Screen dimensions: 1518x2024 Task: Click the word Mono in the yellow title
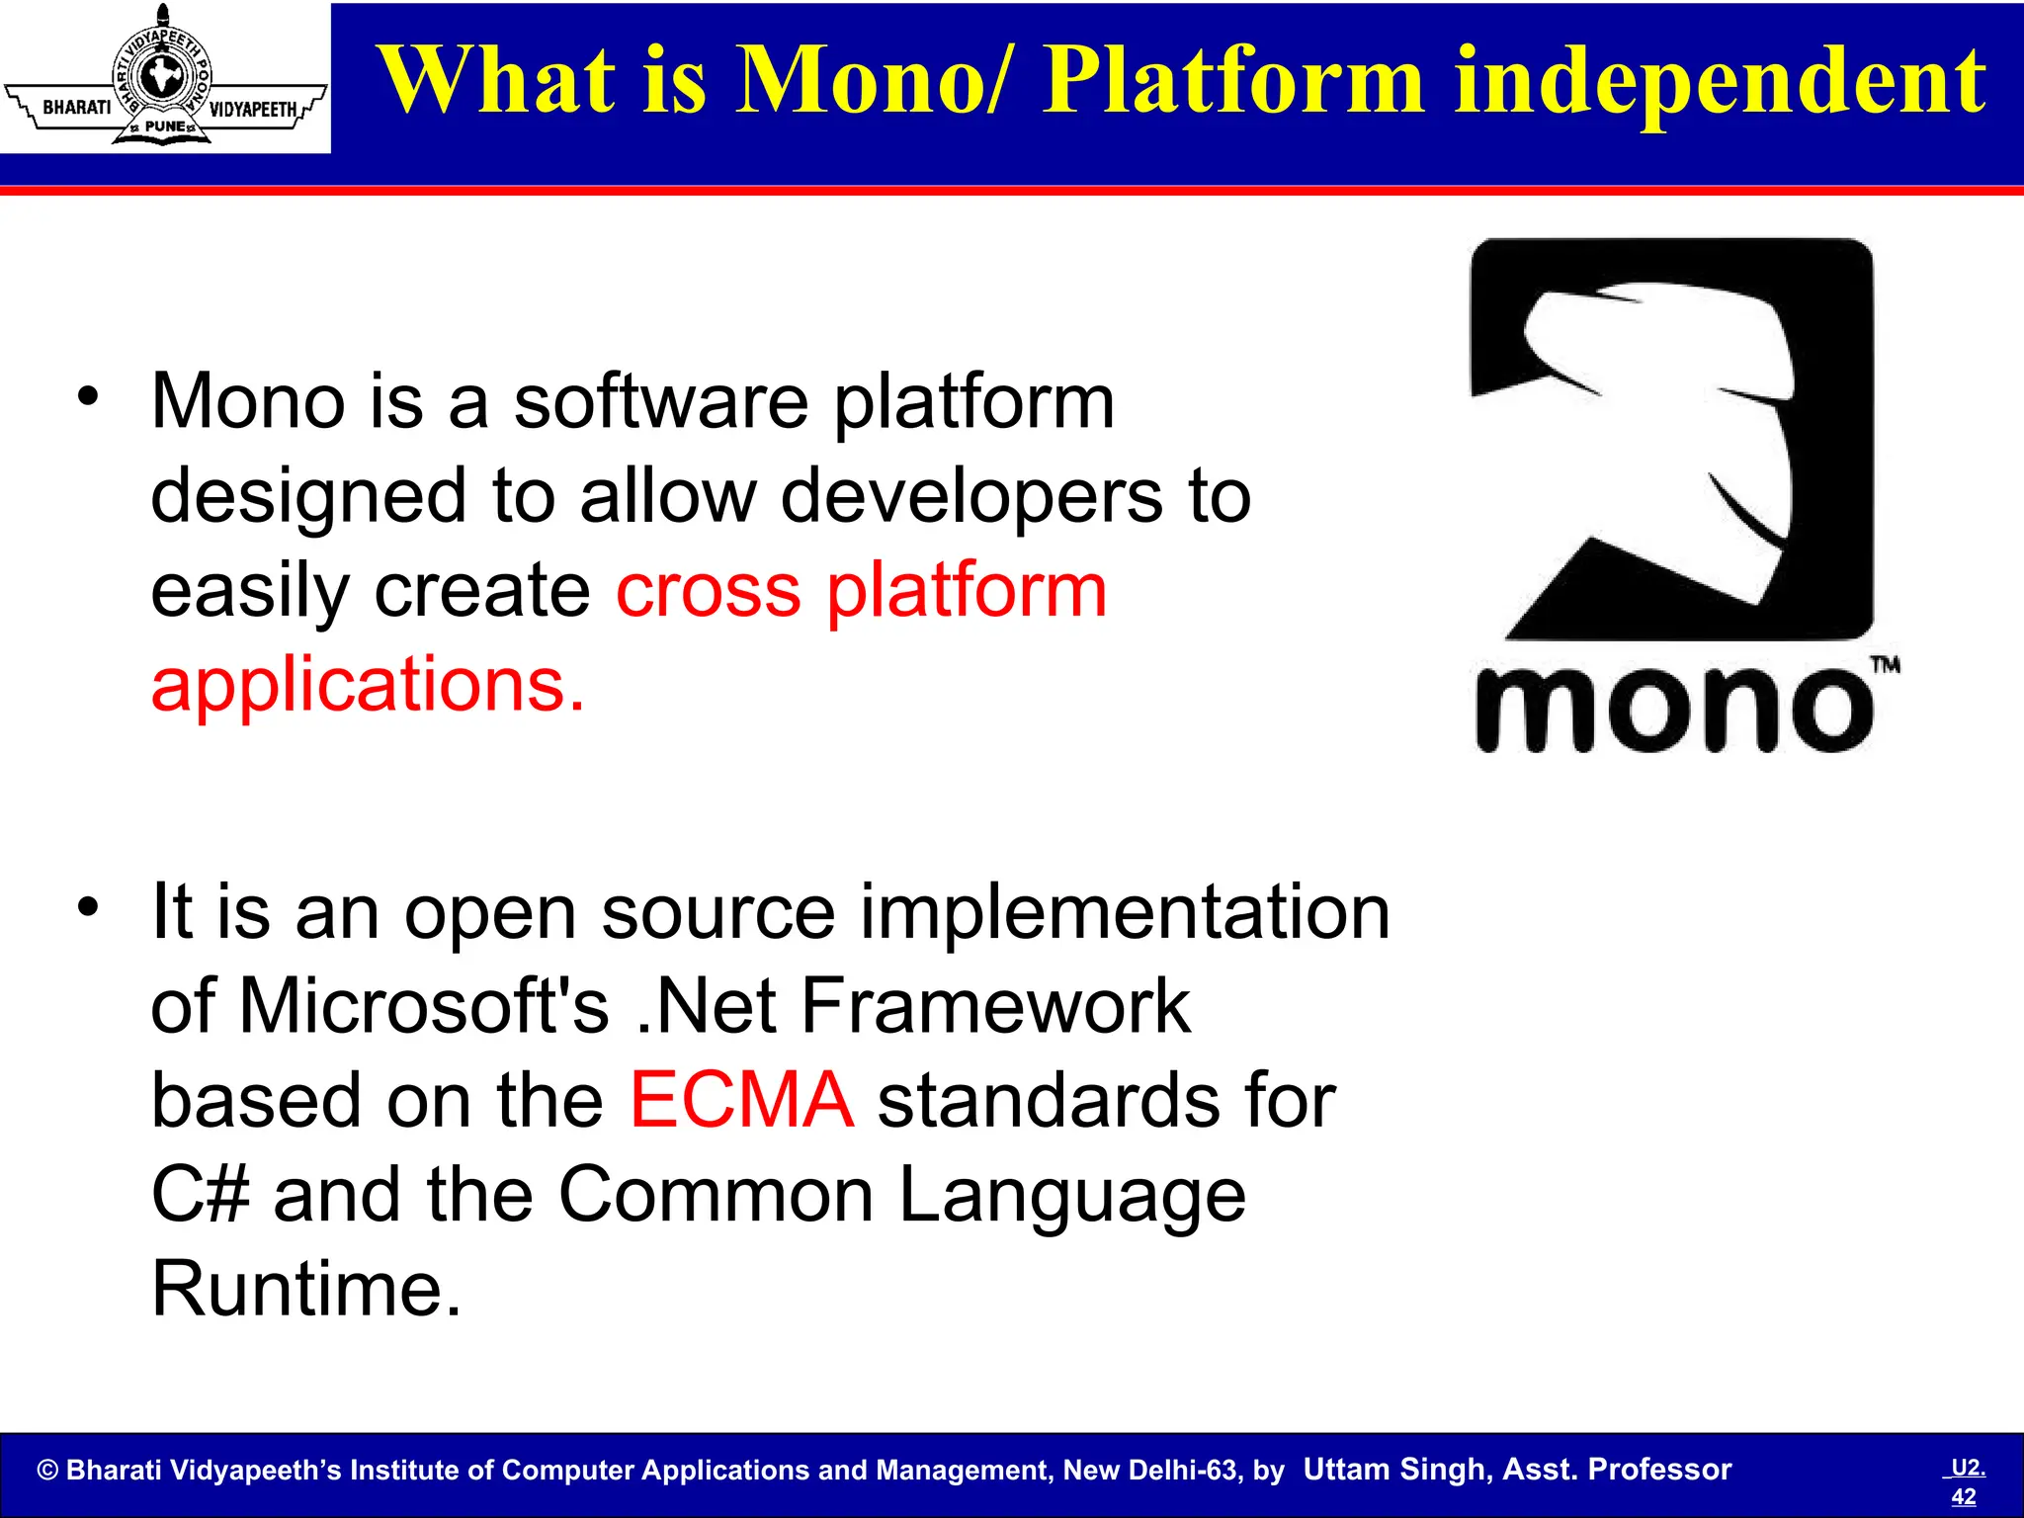click(859, 81)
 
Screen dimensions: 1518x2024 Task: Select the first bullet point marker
click(89, 397)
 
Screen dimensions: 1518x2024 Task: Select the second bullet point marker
click(89, 906)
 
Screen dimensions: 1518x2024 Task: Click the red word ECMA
click(741, 1100)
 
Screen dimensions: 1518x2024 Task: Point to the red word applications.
click(368, 684)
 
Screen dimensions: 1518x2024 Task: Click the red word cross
click(708, 590)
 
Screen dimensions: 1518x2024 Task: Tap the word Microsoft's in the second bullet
click(424, 1006)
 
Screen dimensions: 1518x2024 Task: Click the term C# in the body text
click(200, 1194)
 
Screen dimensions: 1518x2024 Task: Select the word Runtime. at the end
click(306, 1289)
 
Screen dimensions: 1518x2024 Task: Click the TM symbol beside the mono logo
click(1885, 665)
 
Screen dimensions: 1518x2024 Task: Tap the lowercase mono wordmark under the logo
click(1673, 710)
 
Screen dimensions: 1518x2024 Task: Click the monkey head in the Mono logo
click(1670, 435)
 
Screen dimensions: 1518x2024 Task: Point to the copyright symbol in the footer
click(47, 1471)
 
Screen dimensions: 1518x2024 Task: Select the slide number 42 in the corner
click(1963, 1496)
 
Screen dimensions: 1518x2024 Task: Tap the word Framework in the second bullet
click(995, 1006)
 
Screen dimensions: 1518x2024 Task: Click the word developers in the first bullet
click(971, 496)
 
